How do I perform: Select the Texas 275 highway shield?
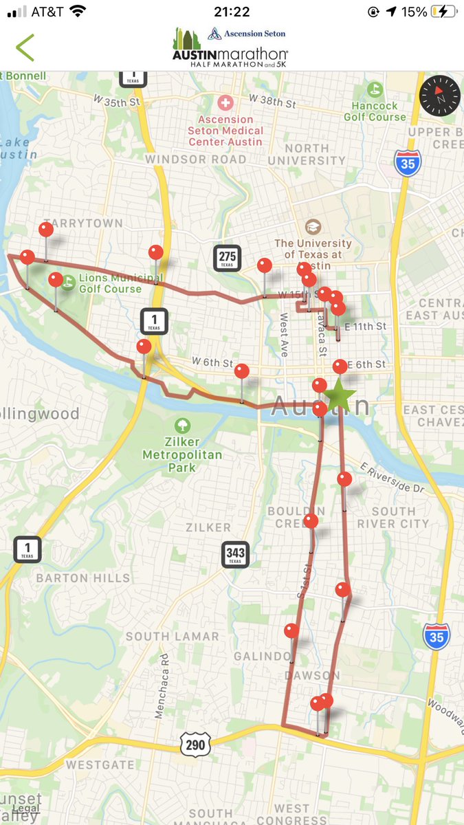pyautogui.click(x=227, y=258)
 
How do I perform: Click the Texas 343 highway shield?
pyautogui.click(x=234, y=553)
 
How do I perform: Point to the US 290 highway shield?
pyautogui.click(x=194, y=744)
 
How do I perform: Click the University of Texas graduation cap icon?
pyautogui.click(x=313, y=227)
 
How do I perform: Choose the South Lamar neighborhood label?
pyautogui.click(x=172, y=637)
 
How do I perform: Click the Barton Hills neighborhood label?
pyautogui.click(x=83, y=577)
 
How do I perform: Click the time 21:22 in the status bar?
pyautogui.click(x=232, y=12)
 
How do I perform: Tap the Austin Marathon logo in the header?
pyautogui.click(x=230, y=47)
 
